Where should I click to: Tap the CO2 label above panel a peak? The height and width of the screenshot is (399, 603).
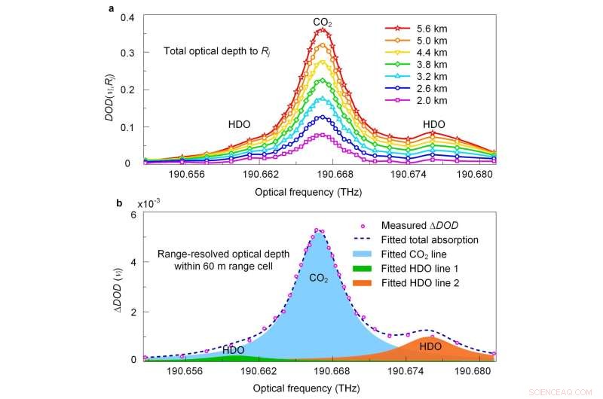[x=323, y=23]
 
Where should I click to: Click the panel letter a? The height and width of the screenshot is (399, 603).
[x=112, y=8]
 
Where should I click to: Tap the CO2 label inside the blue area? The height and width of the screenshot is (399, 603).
[x=317, y=279]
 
